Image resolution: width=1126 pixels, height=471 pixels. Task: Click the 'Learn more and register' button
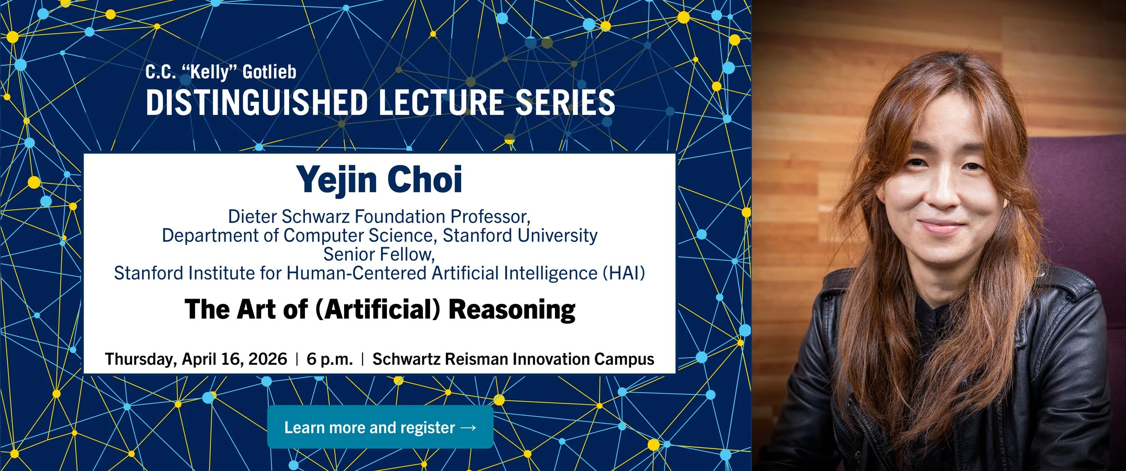(380, 427)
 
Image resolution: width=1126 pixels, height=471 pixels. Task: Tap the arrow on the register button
(468, 427)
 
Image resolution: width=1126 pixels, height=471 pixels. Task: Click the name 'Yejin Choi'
(379, 180)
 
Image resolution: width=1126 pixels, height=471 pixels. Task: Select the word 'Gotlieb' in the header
(269, 72)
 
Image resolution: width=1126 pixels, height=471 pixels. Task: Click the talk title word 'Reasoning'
(512, 310)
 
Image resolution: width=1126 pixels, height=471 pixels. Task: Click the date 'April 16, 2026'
(234, 359)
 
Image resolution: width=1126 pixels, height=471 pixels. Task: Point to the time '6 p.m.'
(330, 359)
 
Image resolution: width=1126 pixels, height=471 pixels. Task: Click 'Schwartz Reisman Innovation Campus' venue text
(513, 359)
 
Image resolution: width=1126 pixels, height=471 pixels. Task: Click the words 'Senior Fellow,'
(379, 254)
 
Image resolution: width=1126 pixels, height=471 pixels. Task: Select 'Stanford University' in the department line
(520, 235)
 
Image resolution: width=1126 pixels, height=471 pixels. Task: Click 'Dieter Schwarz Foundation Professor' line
(379, 217)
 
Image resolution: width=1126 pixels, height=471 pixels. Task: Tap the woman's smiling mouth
(941, 225)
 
